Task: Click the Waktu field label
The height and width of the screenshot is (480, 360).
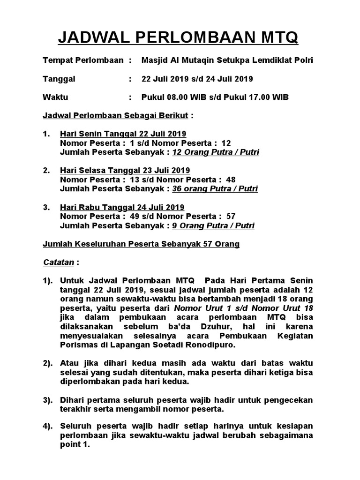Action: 55,97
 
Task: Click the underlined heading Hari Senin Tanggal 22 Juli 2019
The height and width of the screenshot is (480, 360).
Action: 123,134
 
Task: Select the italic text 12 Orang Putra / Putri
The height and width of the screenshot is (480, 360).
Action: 216,152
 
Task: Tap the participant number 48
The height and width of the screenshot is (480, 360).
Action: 231,180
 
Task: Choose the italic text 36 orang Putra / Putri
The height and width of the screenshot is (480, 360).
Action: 215,189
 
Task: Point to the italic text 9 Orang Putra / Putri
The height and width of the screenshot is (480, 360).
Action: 214,225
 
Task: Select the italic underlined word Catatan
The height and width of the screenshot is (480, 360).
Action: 58,262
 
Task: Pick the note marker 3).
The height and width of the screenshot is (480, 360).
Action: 49,400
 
